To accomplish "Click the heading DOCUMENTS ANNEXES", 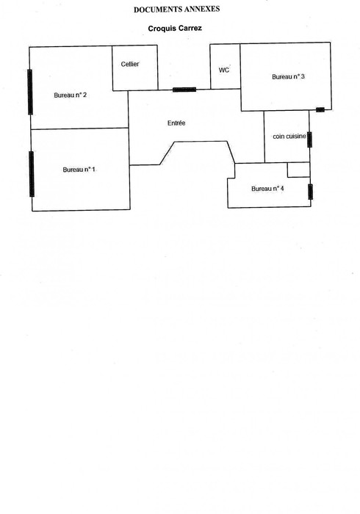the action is click(176, 9).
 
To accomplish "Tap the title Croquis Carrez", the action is click(175, 28).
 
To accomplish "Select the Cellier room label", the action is click(130, 65).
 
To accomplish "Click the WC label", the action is click(224, 70).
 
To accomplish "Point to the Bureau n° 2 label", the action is click(71, 95).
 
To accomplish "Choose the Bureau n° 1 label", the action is click(79, 170).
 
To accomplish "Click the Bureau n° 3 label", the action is click(288, 76).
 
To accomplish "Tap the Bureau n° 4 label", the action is click(267, 189).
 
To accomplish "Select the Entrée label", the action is click(176, 123).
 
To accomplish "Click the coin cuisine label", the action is click(289, 136).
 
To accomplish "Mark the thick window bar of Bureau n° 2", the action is click(30, 92).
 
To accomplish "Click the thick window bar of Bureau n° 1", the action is click(32, 174).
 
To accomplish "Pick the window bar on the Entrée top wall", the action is click(184, 90).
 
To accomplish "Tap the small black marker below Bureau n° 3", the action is click(320, 110).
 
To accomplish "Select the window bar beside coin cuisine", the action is click(309, 140).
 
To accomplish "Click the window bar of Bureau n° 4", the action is click(310, 192).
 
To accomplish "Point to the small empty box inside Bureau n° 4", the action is click(299, 170).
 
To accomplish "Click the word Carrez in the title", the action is click(190, 28).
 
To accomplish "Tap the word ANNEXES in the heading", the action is click(201, 9).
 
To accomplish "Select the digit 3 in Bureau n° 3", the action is click(303, 76).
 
